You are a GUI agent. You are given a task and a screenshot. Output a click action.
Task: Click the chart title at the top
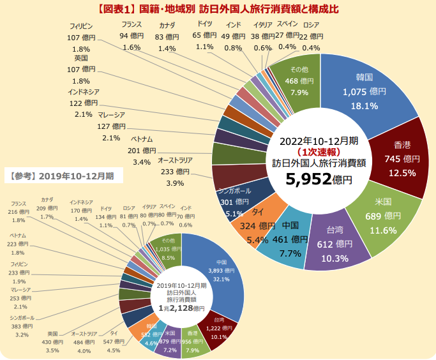click(218, 9)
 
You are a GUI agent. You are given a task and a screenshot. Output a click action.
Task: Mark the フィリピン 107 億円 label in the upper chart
click(81, 38)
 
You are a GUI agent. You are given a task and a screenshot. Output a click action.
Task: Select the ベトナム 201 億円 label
click(142, 150)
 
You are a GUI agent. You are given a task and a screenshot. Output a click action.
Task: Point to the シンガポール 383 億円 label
click(22, 326)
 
